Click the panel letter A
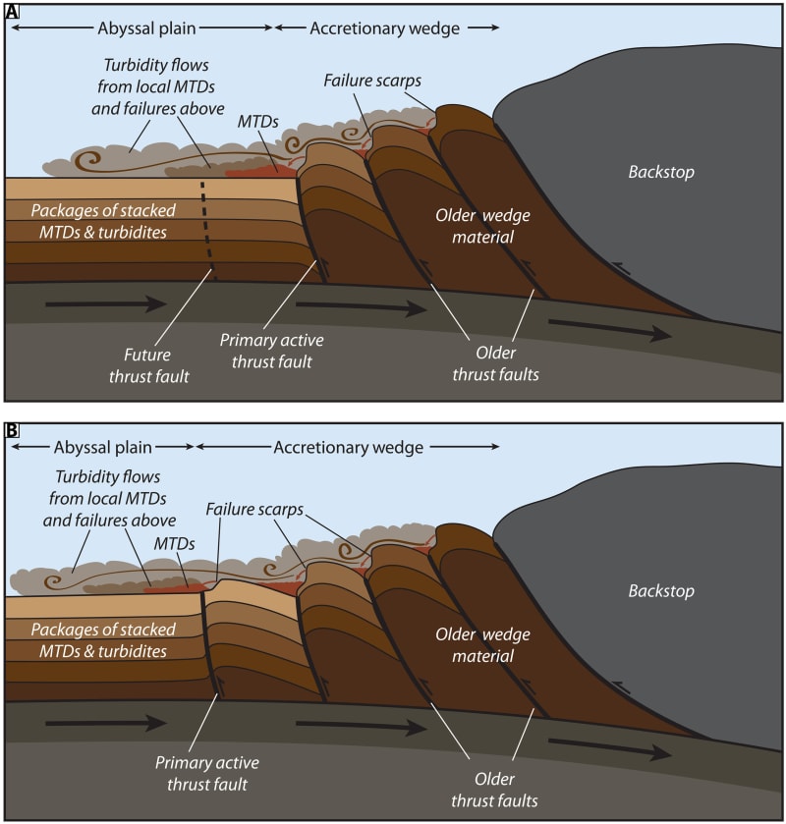tap(12, 12)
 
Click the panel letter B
tap(12, 431)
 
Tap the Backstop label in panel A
tap(660, 172)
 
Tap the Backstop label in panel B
tap(660, 591)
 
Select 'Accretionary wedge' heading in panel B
tap(348, 448)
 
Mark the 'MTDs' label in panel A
tap(257, 124)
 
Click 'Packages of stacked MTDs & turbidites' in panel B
tap(103, 640)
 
